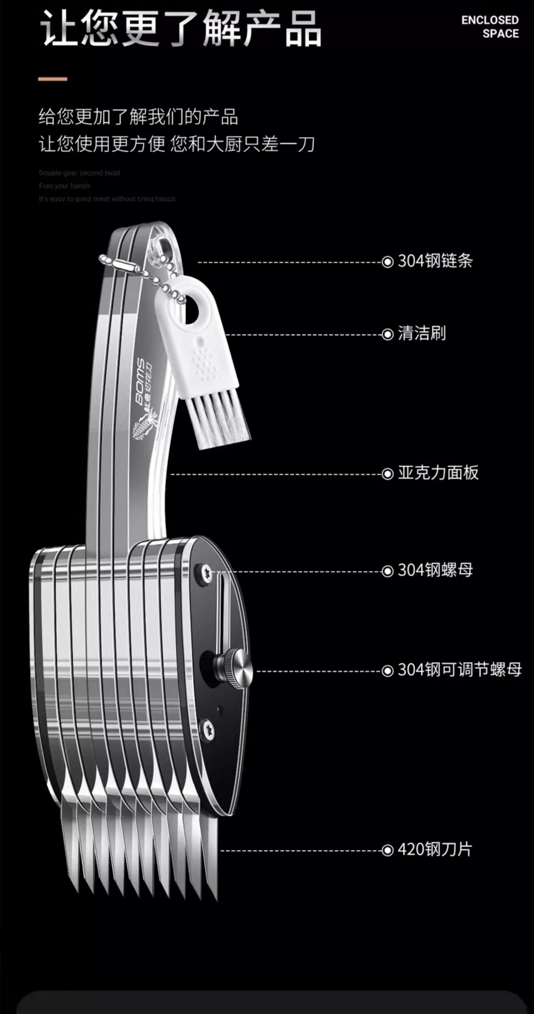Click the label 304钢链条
435,261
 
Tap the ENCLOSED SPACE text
490,27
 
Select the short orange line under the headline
53,79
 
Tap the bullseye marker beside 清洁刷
387,334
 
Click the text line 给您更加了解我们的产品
138,117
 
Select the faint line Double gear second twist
79,173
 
